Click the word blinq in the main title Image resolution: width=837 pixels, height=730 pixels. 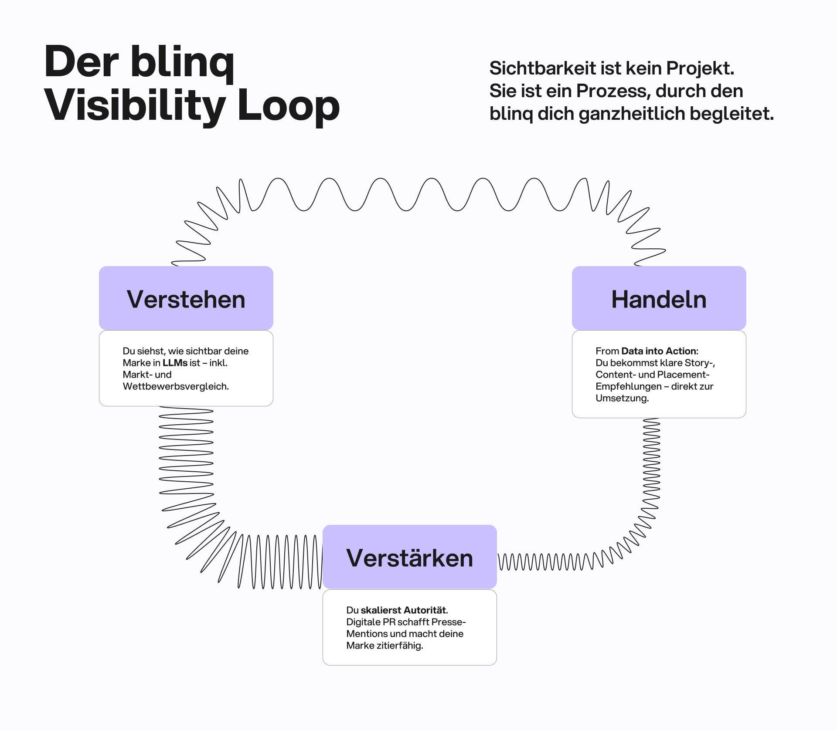point(182,62)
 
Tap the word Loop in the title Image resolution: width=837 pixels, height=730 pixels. point(288,106)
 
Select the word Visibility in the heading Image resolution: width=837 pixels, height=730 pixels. point(135,106)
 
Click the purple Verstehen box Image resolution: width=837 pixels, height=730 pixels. point(186,298)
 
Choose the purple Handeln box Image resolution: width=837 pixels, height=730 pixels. point(659,298)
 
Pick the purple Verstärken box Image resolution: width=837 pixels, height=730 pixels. point(409,557)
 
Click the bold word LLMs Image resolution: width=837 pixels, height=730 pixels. point(175,363)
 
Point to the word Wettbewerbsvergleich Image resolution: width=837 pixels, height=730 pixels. point(175,386)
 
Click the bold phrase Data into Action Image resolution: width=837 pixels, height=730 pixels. point(659,351)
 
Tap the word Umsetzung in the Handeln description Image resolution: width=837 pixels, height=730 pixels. point(622,398)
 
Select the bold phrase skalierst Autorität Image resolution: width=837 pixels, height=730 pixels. point(404,610)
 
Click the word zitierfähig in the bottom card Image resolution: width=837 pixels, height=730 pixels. point(399,646)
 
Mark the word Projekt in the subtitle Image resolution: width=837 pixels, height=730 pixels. point(700,68)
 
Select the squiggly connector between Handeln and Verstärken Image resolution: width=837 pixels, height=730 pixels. point(651,479)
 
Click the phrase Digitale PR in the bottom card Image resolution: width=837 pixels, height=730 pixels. point(371,622)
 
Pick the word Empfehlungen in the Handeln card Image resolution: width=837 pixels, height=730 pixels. point(628,386)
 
